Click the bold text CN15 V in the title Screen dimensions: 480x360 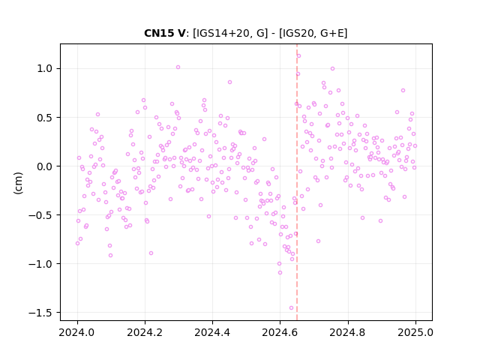tap(165, 33)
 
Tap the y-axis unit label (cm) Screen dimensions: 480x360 tap(18, 183)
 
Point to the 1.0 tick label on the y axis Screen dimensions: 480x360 tap(45, 68)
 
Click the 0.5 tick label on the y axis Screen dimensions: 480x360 tap(45, 118)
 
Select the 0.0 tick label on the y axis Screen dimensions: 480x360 tap(45, 166)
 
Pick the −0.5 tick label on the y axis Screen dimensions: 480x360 tap(40, 215)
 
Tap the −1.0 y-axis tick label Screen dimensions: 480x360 tap(40, 263)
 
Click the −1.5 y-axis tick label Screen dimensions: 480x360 tap(40, 313)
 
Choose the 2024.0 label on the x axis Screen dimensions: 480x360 tap(77, 332)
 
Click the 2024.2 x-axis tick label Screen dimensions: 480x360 tap(145, 332)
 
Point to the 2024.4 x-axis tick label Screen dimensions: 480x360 tap(212, 332)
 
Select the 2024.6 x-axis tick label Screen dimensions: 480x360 tap(280, 332)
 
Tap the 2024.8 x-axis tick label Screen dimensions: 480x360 tap(347, 332)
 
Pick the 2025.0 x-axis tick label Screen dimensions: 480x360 tap(415, 332)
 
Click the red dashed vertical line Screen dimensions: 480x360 tap(297, 182)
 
